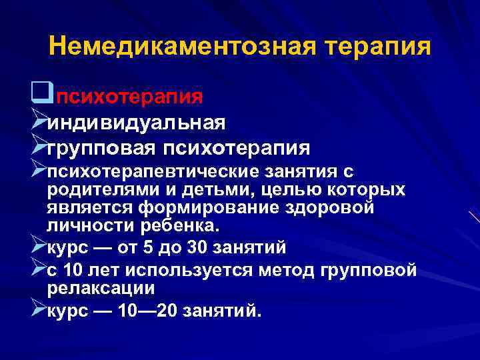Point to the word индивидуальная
[145, 122]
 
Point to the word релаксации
[101, 288]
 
